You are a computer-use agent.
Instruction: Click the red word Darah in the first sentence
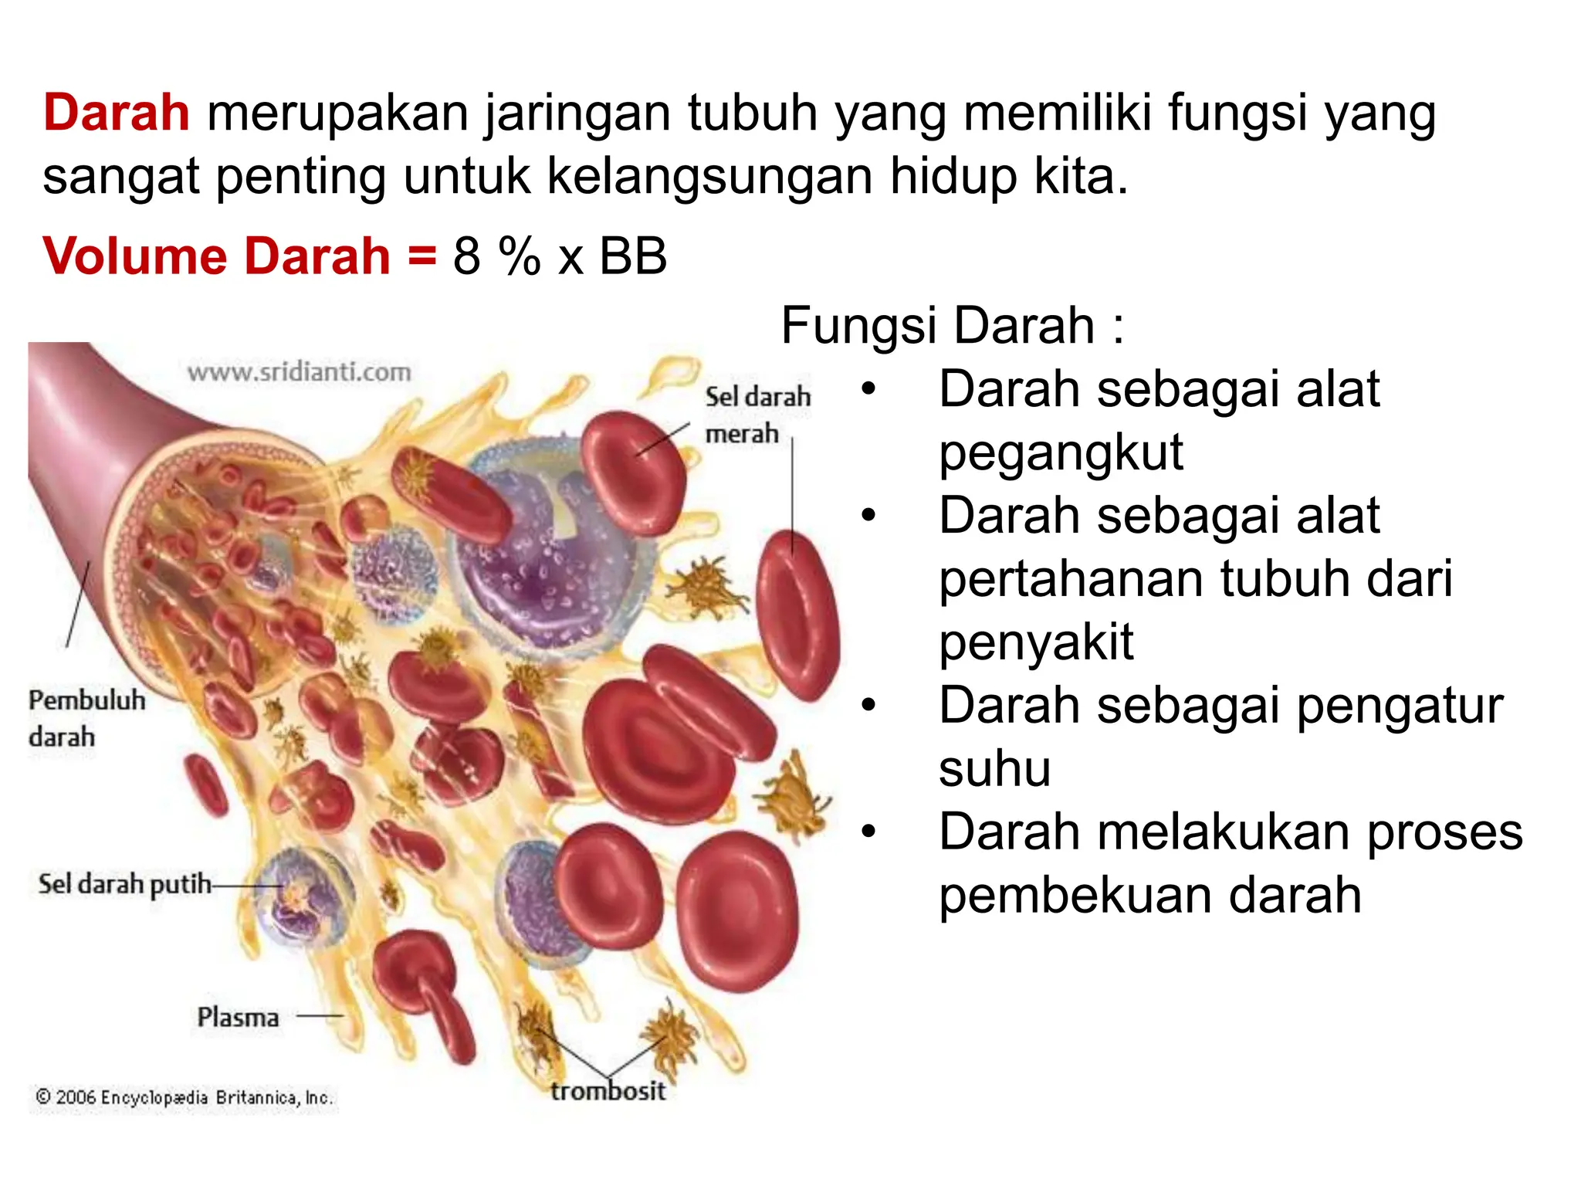coord(116,113)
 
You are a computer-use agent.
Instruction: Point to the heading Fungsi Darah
coord(952,325)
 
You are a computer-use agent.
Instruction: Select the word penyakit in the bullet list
coord(1036,642)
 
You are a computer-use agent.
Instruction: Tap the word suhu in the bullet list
coord(994,769)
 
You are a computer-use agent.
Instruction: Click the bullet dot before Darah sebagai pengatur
coord(869,705)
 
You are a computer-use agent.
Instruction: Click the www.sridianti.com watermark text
coord(299,372)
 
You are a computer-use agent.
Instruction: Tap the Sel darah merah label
coord(757,415)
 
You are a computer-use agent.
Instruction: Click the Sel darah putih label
coord(124,883)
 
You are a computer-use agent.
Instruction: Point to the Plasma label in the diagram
coord(238,1017)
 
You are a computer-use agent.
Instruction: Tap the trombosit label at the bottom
coord(608,1090)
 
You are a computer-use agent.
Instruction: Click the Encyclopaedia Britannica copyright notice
coord(185,1097)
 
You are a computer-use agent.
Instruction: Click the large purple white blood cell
coord(540,556)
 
